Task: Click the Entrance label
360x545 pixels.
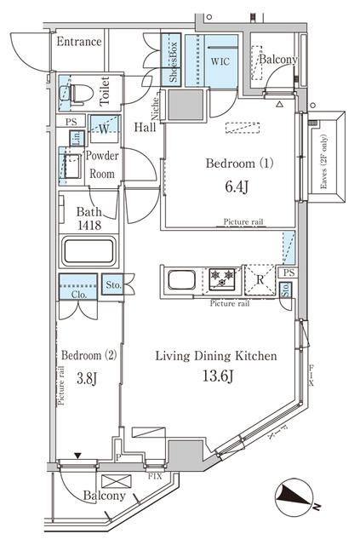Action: (x=79, y=42)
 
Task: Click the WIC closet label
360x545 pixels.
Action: (x=220, y=62)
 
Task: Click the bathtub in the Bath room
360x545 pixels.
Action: (x=89, y=253)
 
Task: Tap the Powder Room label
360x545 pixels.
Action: (x=101, y=164)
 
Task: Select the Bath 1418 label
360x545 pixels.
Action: (x=89, y=219)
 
